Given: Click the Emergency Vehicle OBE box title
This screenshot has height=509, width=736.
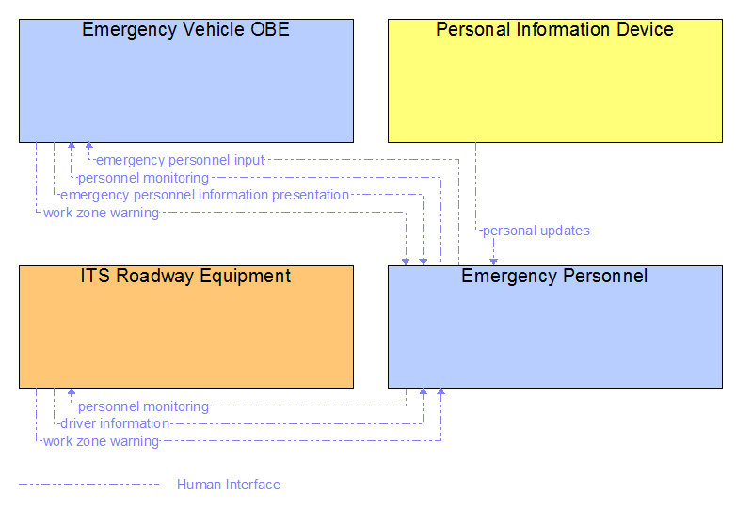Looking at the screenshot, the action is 185,29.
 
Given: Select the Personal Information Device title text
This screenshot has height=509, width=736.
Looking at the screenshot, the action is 554,29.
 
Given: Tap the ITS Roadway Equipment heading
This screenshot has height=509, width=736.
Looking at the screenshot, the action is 185,276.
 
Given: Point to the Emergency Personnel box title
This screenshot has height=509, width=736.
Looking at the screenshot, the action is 554,276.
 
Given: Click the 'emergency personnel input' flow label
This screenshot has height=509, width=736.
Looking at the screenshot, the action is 181,160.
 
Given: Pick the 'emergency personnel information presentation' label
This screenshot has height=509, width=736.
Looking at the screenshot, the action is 204,195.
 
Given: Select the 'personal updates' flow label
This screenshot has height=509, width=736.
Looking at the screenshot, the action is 536,231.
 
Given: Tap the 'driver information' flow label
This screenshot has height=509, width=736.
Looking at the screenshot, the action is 115,423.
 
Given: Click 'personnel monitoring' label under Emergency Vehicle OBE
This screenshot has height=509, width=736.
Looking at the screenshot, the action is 143,178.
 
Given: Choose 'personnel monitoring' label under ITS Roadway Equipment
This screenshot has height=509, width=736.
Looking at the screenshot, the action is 143,406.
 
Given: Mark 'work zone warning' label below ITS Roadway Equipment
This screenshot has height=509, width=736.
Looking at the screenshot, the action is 101,441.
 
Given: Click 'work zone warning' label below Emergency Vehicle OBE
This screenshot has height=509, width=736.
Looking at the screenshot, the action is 101,213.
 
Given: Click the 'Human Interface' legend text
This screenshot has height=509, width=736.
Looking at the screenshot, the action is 229,485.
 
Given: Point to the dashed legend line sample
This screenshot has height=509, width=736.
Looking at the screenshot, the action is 89,485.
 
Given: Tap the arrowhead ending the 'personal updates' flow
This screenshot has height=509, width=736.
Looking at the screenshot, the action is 493,262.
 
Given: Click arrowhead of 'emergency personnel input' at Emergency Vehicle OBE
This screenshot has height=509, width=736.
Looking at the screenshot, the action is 88,146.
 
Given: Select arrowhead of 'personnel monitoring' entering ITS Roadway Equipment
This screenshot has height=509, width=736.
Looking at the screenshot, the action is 72,391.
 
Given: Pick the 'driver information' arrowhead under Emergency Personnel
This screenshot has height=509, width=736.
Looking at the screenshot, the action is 423,391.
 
